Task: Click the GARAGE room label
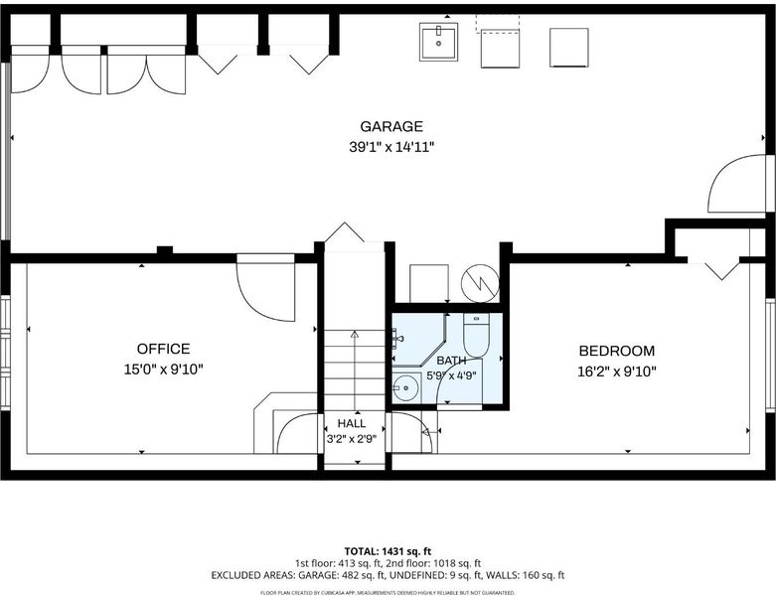click(x=390, y=126)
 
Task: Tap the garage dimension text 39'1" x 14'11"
click(x=391, y=147)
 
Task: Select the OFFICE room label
click(x=163, y=349)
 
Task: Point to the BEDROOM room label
click(x=617, y=351)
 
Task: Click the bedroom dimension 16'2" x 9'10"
click(x=617, y=371)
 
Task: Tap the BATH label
click(x=451, y=360)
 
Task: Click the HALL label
click(x=352, y=423)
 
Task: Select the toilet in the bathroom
click(x=476, y=335)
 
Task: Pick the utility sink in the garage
click(x=438, y=42)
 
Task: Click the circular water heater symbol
click(x=480, y=283)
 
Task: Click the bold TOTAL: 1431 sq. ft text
click(x=388, y=551)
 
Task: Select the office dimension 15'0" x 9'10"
click(x=163, y=369)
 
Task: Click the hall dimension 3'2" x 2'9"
click(x=352, y=439)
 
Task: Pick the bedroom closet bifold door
click(x=721, y=270)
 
